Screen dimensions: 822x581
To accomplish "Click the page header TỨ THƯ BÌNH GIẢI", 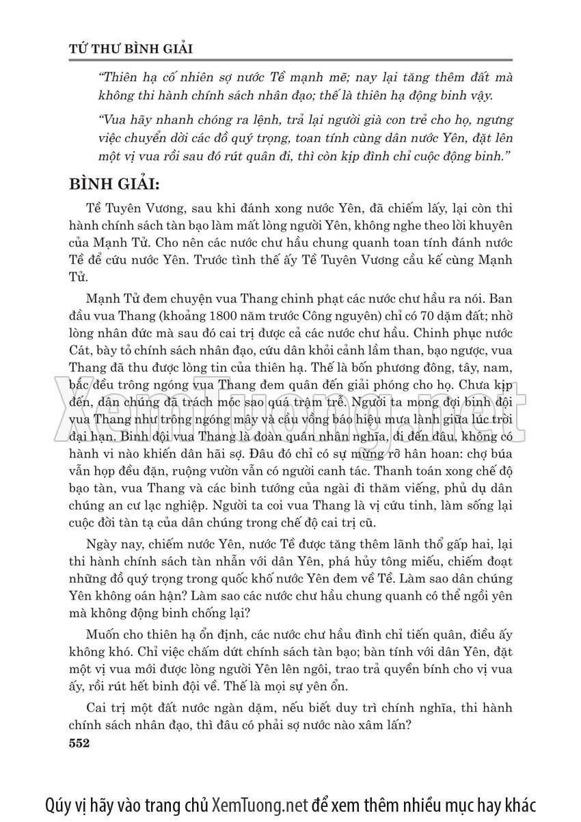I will (133, 49).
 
